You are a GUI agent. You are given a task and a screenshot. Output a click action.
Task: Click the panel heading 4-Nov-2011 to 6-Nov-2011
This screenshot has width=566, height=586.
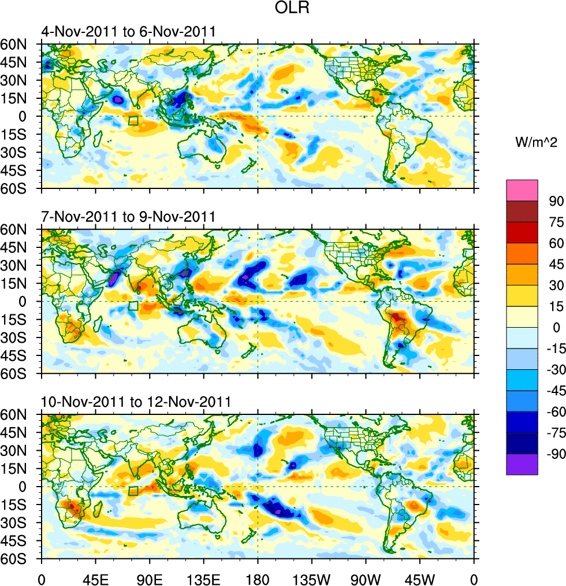click(128, 32)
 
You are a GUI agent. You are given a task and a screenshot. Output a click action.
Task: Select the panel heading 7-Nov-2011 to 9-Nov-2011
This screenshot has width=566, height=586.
click(128, 217)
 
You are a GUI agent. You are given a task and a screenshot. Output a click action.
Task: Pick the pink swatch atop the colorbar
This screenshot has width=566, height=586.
click(522, 190)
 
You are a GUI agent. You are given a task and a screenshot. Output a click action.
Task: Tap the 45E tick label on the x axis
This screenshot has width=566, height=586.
click(95, 577)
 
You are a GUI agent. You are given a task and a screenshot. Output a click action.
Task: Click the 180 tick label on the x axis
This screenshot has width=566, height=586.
click(258, 577)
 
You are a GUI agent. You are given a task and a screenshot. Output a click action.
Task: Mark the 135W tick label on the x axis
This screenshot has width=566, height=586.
click(311, 577)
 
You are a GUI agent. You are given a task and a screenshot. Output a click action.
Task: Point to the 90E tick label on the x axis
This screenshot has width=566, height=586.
click(150, 577)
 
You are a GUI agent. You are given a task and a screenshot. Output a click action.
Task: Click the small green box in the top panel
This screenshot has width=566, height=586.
click(133, 121)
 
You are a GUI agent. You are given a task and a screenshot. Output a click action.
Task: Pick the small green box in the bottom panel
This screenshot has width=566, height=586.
click(133, 491)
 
